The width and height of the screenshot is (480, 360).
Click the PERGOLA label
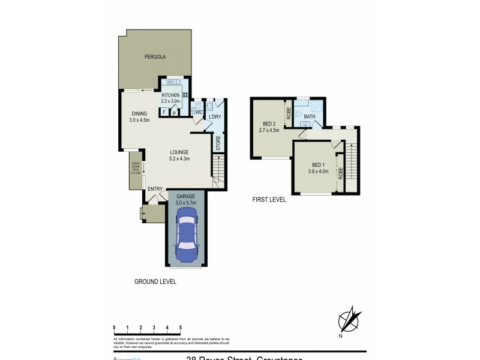point(154,57)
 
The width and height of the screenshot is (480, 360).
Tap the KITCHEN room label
point(170,96)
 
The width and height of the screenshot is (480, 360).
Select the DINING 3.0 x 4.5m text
point(139,117)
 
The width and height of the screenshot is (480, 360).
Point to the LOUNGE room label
point(179,155)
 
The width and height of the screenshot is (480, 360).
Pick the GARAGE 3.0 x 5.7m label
point(186,199)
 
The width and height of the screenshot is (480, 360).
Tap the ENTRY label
point(155,190)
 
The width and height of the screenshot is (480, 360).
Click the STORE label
point(218,143)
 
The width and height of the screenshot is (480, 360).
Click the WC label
point(199,112)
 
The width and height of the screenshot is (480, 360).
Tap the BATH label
point(310,116)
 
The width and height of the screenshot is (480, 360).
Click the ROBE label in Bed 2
point(289,113)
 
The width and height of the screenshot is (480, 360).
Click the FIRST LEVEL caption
point(269,200)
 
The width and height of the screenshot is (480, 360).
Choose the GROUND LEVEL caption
point(155,281)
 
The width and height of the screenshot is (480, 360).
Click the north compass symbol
point(350,319)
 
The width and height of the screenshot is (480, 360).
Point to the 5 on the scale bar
point(180,327)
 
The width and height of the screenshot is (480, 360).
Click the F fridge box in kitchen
point(164,112)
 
